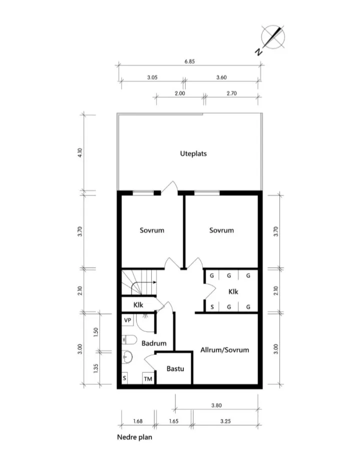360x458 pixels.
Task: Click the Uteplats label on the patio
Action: [x=193, y=153]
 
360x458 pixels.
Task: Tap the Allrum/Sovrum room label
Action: [x=224, y=350]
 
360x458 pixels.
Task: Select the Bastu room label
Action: [x=175, y=369]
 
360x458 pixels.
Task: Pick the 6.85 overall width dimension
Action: [x=189, y=61]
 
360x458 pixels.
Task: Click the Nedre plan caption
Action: [x=134, y=437]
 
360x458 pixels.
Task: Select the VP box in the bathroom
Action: [x=128, y=320]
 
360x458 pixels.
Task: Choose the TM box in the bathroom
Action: [x=148, y=379]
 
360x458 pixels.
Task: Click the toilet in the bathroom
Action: [x=129, y=340]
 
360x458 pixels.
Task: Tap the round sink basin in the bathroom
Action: [x=128, y=357]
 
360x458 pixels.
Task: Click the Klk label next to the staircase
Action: [x=139, y=305]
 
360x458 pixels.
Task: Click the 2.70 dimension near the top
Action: [x=232, y=93]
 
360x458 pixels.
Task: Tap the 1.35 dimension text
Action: [x=96, y=368]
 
